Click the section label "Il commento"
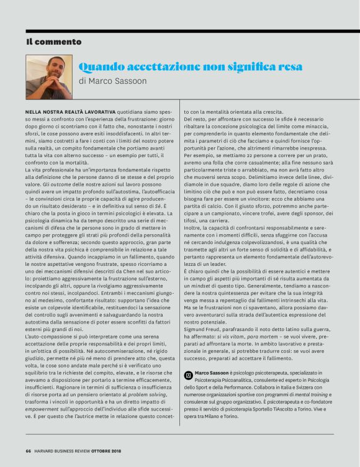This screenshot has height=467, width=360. click(x=54, y=42)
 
